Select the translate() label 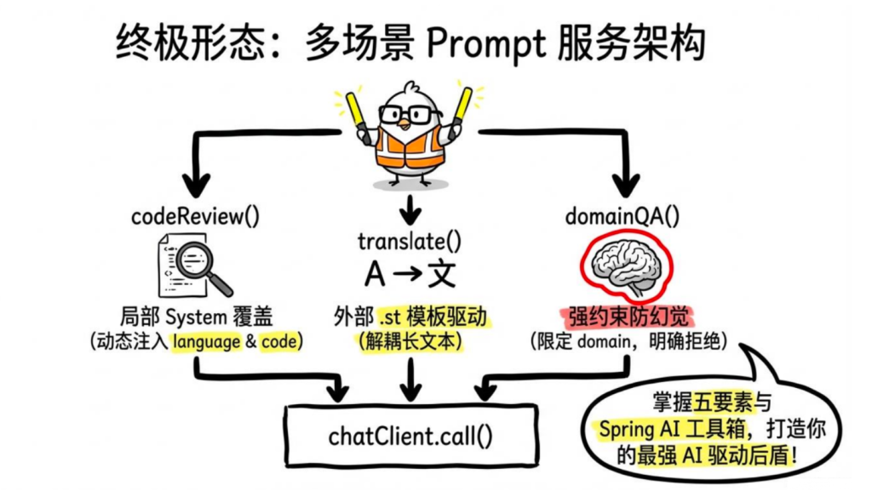click(x=410, y=242)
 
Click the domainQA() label click(x=623, y=216)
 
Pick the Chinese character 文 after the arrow click(x=442, y=275)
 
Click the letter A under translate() click(x=374, y=275)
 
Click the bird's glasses click(x=410, y=114)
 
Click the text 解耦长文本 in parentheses click(x=410, y=342)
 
